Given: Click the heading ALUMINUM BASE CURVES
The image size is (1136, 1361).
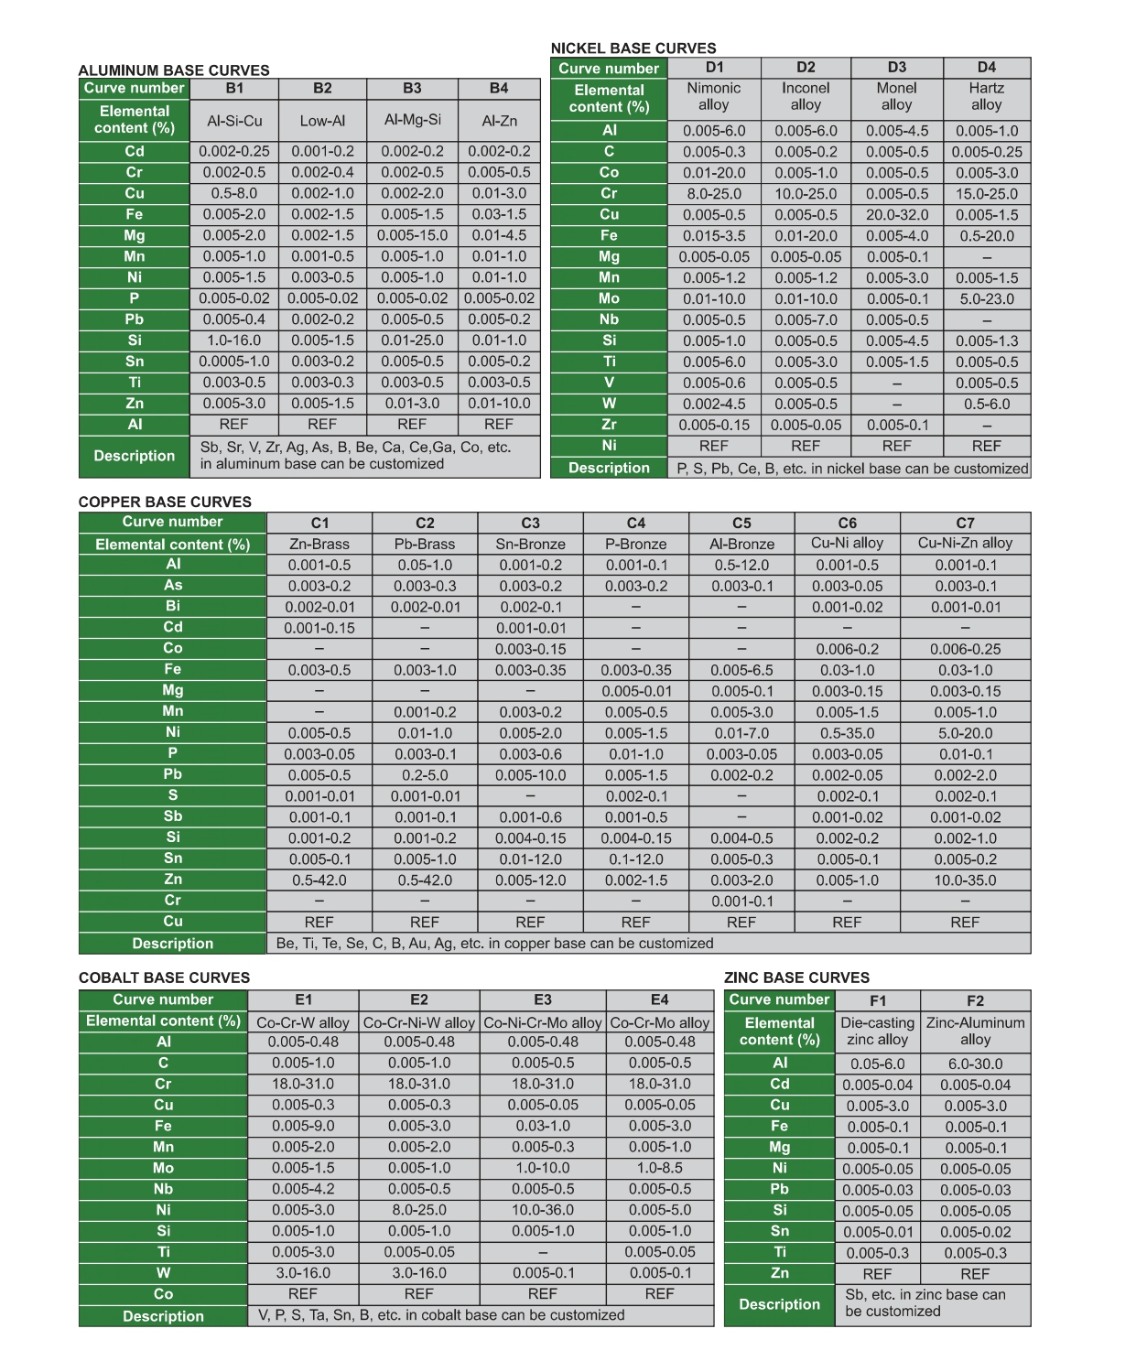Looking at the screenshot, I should pos(174,70).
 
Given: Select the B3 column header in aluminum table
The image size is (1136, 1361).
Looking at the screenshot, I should pos(412,89).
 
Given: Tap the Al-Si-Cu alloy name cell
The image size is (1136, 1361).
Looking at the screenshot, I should pos(234,121).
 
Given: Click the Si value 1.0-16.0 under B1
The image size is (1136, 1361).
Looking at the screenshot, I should pos(234,340).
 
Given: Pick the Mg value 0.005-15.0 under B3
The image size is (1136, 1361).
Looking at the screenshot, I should pos(412,235).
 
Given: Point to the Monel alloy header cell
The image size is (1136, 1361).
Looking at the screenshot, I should pos(896,96).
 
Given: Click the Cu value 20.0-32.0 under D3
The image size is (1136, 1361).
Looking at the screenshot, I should pos(896,215).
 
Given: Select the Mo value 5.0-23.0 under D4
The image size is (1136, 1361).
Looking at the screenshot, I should pos(986,299).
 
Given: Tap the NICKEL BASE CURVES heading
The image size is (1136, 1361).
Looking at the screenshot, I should pos(633,49).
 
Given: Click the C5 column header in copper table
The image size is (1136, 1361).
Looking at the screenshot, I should pos(741,524).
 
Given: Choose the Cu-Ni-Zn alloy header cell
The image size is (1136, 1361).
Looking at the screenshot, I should pos(965,543).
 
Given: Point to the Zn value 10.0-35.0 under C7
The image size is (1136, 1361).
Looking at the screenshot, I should pos(965,880).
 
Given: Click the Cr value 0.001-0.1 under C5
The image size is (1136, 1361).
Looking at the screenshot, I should pos(741,902).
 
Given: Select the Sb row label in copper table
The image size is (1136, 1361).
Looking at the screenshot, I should pos(173,816).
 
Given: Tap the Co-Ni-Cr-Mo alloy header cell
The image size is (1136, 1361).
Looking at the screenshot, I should pos(543,1022).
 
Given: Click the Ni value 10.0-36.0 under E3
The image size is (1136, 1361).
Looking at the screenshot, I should pos(543,1210).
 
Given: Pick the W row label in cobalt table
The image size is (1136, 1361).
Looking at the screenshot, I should pos(163,1273).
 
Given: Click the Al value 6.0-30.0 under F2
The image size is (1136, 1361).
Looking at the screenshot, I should pos(975,1064).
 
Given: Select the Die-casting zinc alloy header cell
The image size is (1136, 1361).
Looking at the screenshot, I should pos(877,1031).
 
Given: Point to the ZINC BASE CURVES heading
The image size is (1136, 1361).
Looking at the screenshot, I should pos(796,978).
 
